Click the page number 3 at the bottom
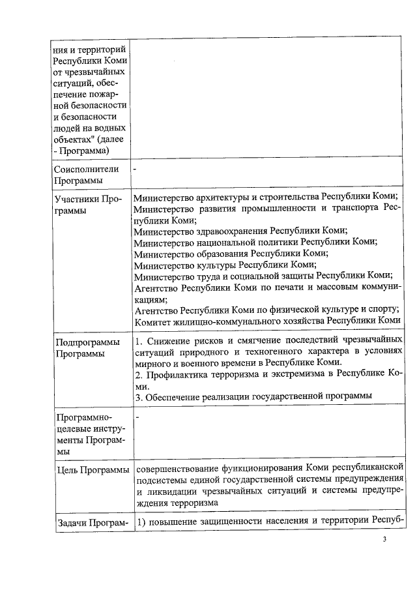[384, 540]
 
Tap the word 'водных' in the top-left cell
[108, 128]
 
